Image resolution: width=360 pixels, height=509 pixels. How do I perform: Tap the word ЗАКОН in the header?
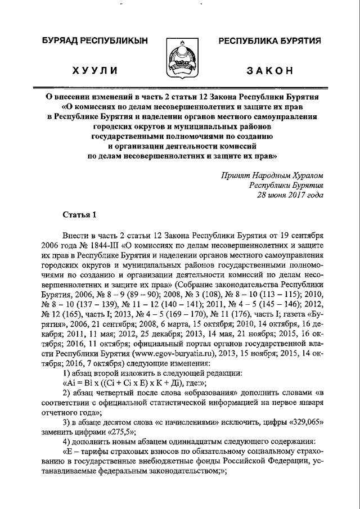(x=270, y=70)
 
